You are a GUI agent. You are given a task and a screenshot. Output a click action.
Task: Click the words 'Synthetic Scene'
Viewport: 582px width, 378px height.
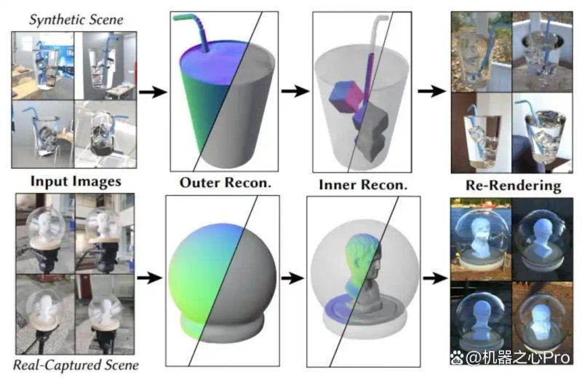(76, 20)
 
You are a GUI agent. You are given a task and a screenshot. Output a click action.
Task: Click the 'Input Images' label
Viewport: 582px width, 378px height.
(76, 181)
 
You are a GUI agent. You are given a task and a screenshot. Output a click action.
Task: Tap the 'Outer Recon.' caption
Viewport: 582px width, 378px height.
(226, 183)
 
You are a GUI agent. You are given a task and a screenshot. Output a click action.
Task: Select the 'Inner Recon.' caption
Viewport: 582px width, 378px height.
(363, 185)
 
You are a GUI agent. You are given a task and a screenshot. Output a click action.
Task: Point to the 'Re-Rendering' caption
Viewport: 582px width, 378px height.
(514, 185)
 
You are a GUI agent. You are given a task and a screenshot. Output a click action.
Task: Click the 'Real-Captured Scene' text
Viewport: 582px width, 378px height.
(76, 365)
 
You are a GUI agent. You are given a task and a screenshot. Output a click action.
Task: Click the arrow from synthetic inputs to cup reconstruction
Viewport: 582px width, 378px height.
(154, 92)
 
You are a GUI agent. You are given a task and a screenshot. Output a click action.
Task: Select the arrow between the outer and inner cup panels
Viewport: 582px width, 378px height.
(295, 91)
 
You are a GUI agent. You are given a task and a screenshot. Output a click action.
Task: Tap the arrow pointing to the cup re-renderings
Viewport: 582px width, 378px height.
(432, 91)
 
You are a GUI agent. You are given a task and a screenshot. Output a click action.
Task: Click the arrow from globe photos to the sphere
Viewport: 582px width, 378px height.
(150, 277)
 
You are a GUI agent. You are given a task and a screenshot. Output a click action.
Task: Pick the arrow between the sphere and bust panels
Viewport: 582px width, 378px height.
(293, 277)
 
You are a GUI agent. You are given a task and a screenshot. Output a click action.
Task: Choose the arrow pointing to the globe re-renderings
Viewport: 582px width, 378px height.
(435, 277)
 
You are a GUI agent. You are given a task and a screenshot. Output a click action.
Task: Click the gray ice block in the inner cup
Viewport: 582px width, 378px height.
(371, 132)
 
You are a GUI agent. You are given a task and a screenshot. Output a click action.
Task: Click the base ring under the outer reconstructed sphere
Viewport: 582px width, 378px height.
(223, 326)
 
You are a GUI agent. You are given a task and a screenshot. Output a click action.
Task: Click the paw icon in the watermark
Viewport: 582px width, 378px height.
(457, 358)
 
